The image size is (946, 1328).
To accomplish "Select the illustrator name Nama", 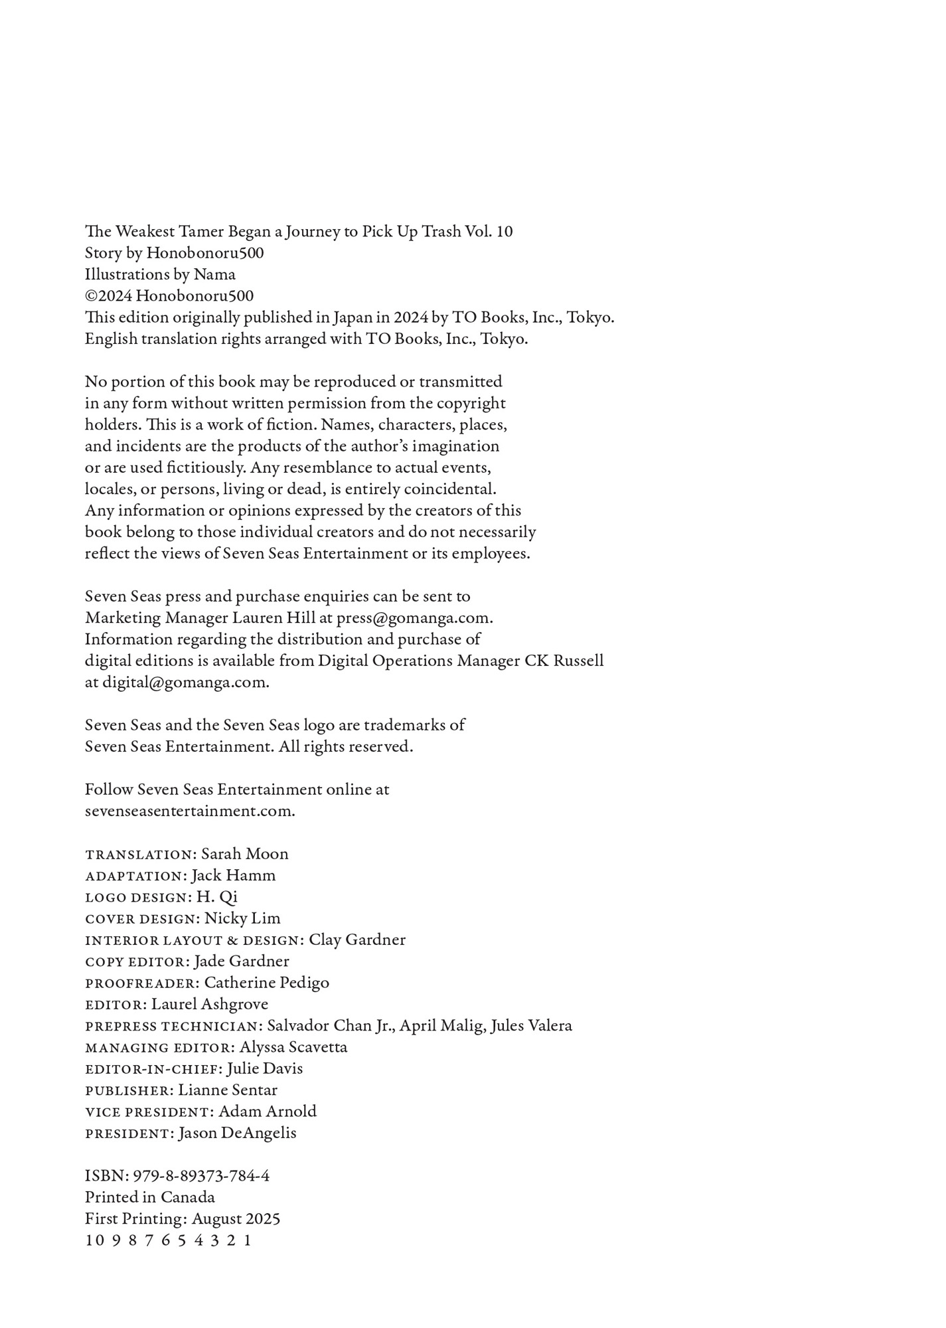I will [214, 275].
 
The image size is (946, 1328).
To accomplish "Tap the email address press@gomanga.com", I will [414, 618].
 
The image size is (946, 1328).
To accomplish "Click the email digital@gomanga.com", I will [185, 683].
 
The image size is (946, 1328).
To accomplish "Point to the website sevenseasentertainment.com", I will [190, 811].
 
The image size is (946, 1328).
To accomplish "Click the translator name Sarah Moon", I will [245, 855].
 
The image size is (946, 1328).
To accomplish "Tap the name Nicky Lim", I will [242, 919].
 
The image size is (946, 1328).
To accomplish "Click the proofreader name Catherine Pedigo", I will [266, 983].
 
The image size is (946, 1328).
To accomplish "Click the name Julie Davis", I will [265, 1069].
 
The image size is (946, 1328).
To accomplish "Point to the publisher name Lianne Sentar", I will [228, 1090].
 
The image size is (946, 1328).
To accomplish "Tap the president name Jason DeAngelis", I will [237, 1133].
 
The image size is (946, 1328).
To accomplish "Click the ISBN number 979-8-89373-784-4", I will [201, 1177].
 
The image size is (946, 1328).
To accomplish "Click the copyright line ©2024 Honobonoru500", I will [169, 296].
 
